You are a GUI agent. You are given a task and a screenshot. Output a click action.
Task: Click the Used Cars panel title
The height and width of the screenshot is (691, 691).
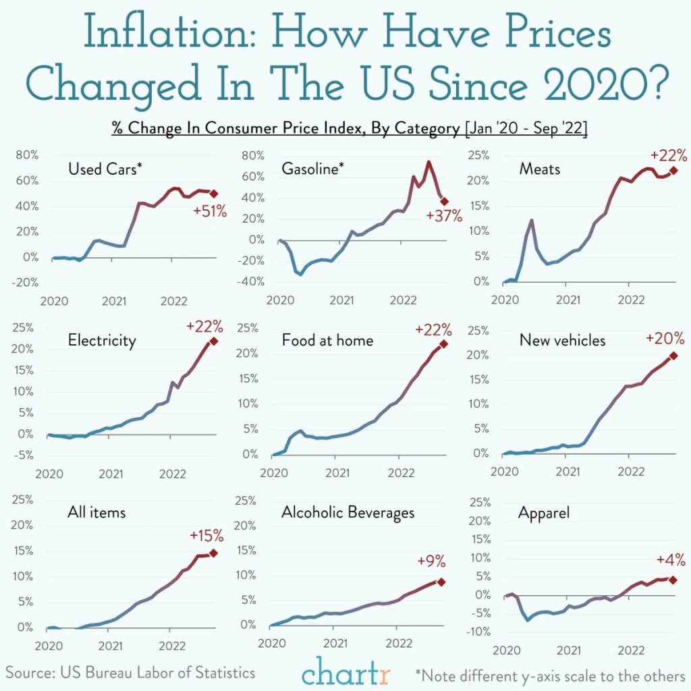tap(105, 169)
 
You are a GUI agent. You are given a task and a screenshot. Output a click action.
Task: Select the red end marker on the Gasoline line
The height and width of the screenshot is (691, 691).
tap(444, 201)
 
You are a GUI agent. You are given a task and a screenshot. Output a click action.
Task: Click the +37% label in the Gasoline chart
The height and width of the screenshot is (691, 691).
tap(444, 216)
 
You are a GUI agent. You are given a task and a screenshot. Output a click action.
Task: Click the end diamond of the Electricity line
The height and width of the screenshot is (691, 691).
tap(214, 341)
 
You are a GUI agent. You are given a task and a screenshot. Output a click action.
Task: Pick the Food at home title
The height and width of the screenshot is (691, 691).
tap(327, 340)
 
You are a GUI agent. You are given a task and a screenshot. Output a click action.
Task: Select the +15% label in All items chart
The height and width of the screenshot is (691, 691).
tap(206, 536)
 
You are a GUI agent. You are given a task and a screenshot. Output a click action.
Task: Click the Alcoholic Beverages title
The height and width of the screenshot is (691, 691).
tap(348, 513)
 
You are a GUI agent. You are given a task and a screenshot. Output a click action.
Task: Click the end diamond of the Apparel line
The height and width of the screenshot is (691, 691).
tap(672, 580)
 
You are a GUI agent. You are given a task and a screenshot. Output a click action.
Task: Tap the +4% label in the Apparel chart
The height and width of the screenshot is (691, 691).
tap(670, 560)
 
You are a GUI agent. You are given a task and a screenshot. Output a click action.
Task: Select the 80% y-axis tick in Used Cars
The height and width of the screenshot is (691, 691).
tap(27, 155)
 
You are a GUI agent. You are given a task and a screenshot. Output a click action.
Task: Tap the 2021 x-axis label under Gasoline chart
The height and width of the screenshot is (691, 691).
tap(342, 300)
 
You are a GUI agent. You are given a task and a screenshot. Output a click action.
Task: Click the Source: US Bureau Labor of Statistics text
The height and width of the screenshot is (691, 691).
tap(131, 672)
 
